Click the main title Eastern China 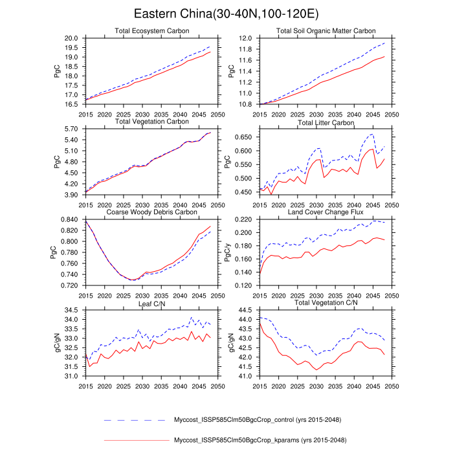pyautogui.click(x=226, y=14)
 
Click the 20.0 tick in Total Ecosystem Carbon pyautogui.click(x=72, y=39)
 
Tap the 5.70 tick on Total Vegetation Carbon pyautogui.click(x=72, y=129)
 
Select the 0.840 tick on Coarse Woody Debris pyautogui.click(x=70, y=220)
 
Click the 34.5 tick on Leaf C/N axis pyautogui.click(x=72, y=311)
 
